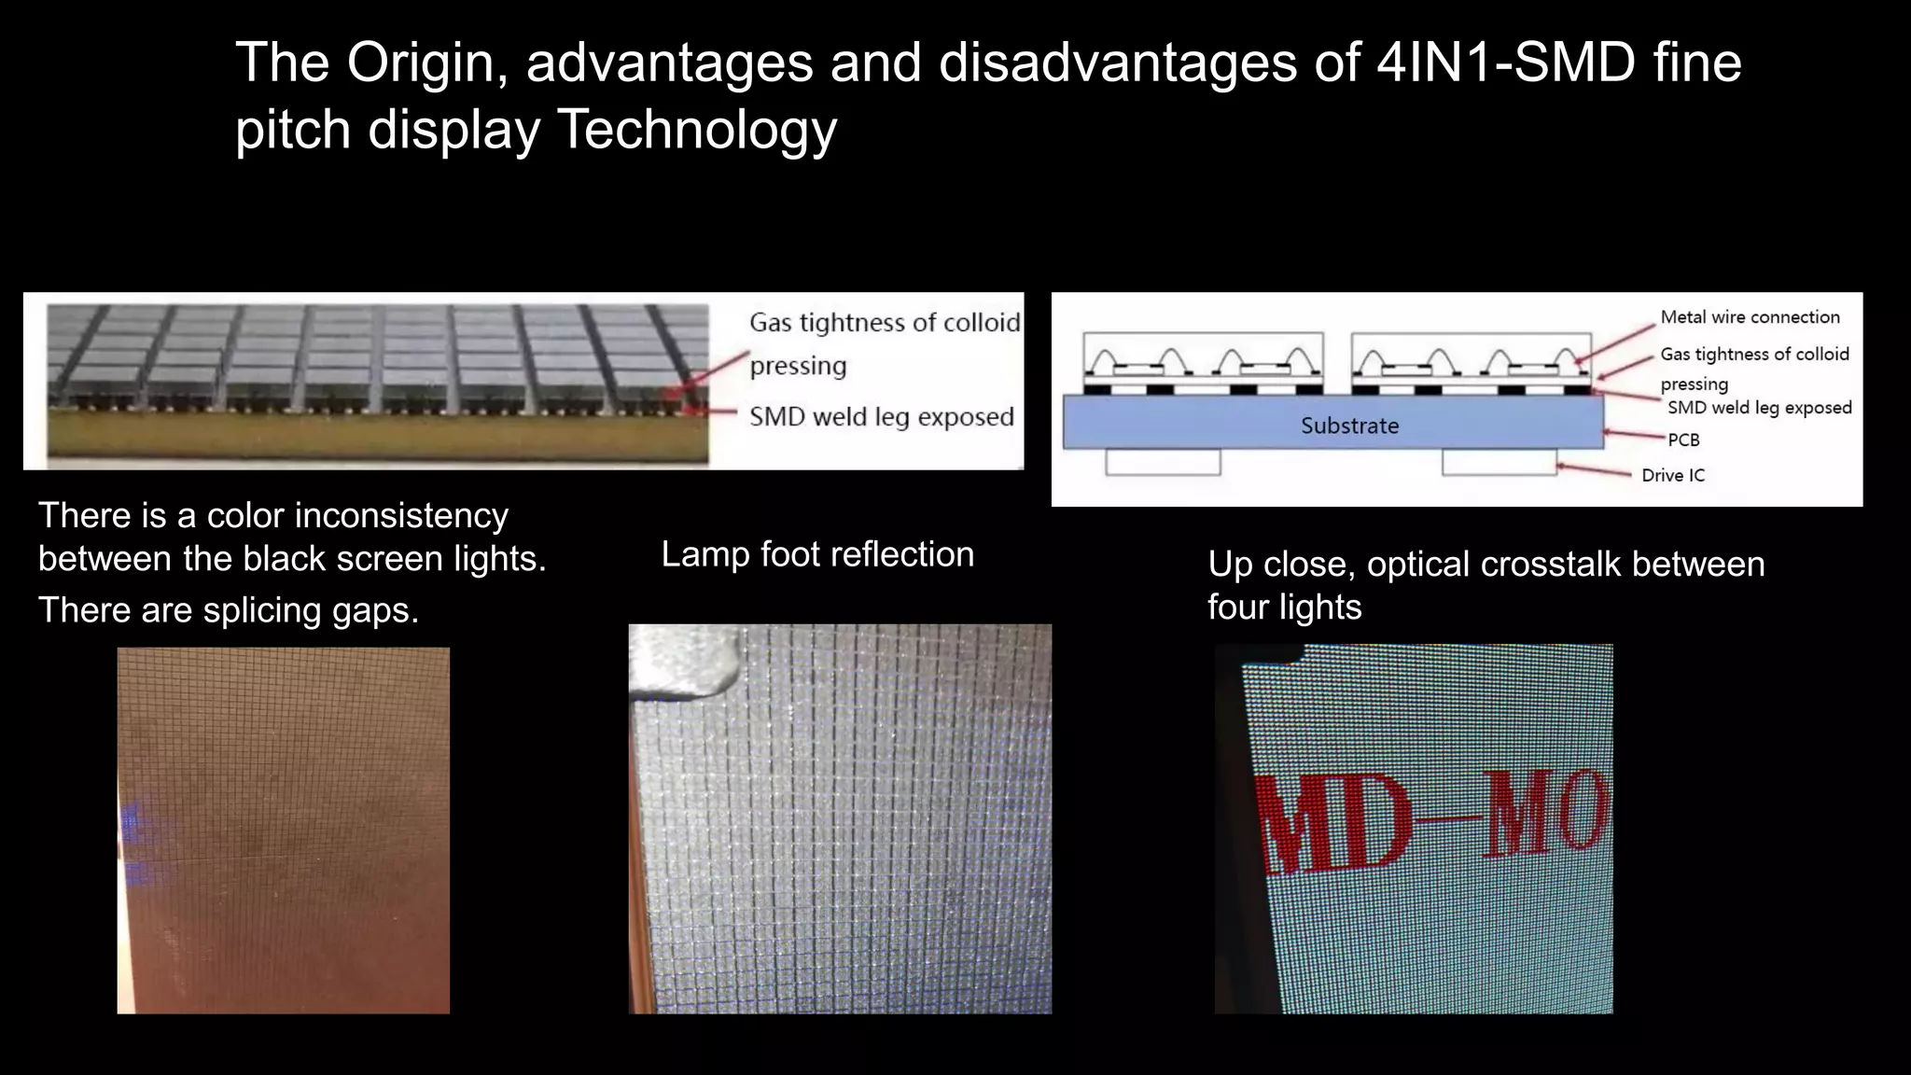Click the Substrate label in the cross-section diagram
coord(1349,426)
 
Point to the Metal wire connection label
coord(1750,317)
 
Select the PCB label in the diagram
coord(1683,440)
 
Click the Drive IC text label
coord(1672,475)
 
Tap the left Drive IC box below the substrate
coord(1163,462)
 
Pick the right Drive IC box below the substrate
coord(1499,462)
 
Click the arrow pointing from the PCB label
coord(1635,436)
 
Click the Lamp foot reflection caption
coord(817,554)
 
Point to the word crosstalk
coord(1550,565)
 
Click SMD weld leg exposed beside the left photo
coord(881,416)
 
